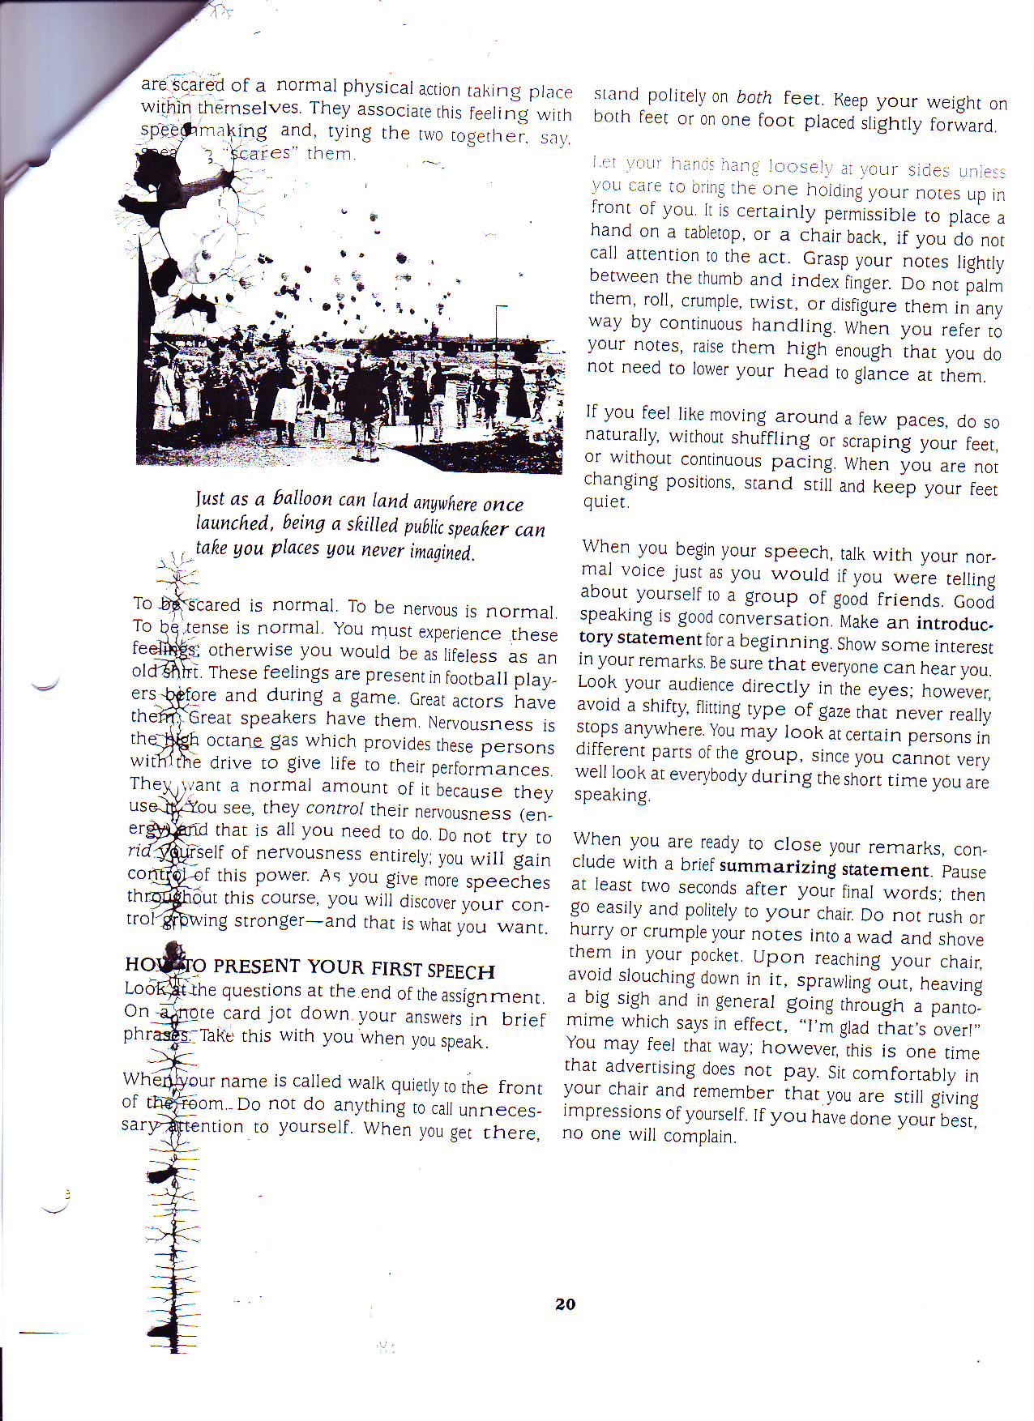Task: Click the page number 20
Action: [x=565, y=1304]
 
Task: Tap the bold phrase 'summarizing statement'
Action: [x=823, y=868]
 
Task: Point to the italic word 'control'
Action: [x=334, y=809]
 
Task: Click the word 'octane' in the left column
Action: [x=236, y=740]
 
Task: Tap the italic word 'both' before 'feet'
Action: [x=754, y=97]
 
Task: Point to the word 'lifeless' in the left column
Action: [x=470, y=655]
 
